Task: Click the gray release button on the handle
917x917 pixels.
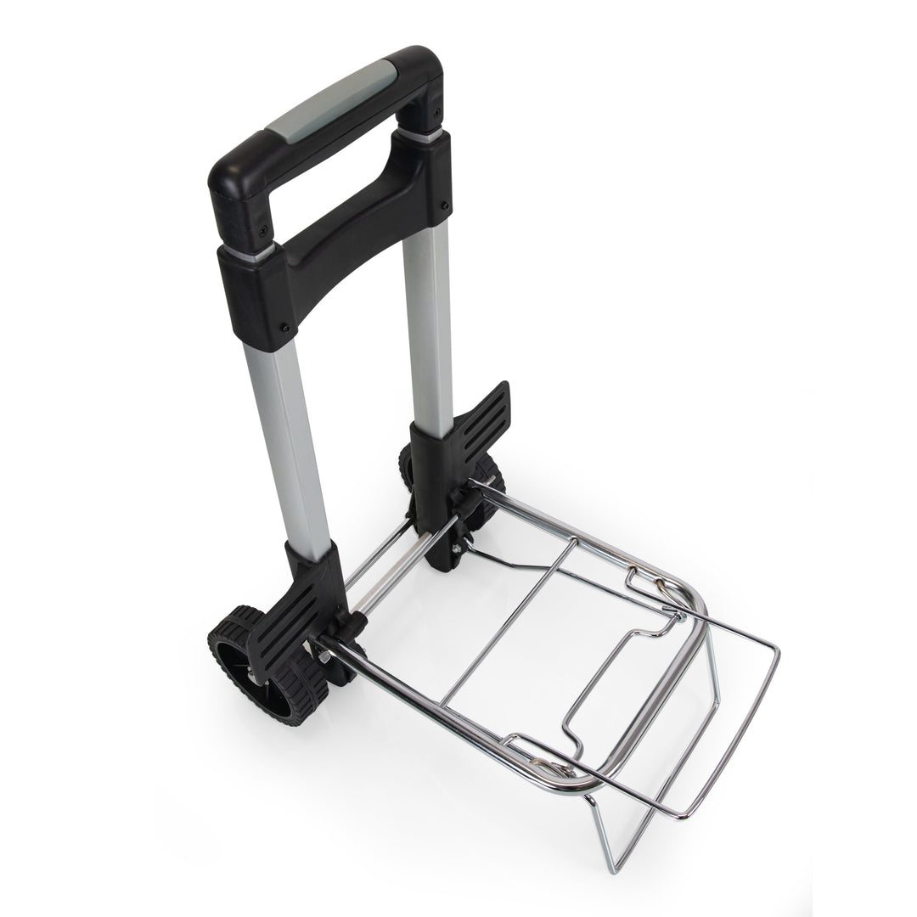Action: tap(331, 102)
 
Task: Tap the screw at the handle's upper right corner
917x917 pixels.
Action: tap(436, 113)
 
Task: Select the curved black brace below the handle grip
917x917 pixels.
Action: tap(340, 246)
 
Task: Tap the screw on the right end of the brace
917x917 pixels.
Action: tap(444, 205)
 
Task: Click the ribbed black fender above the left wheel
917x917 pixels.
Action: tap(284, 620)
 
